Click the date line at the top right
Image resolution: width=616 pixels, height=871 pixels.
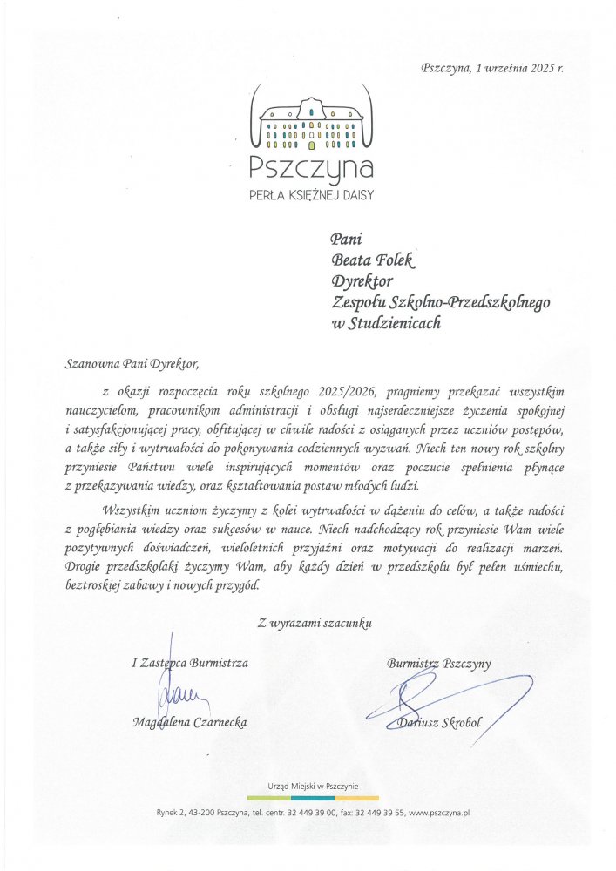[491, 68]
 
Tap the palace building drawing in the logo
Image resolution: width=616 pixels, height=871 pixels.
[311, 124]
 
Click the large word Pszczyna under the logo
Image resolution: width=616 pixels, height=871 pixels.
[311, 166]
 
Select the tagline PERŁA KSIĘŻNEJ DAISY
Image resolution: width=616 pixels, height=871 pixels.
[311, 196]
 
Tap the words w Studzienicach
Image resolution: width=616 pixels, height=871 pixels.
[386, 323]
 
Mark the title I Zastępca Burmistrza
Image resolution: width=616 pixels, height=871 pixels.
[190, 663]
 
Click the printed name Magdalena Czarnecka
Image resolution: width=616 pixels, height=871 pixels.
[190, 722]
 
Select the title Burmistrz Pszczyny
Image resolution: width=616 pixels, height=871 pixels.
[438, 663]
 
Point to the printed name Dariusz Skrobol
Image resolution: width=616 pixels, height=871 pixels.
[438, 722]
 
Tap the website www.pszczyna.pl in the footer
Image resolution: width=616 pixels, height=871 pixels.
[439, 813]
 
